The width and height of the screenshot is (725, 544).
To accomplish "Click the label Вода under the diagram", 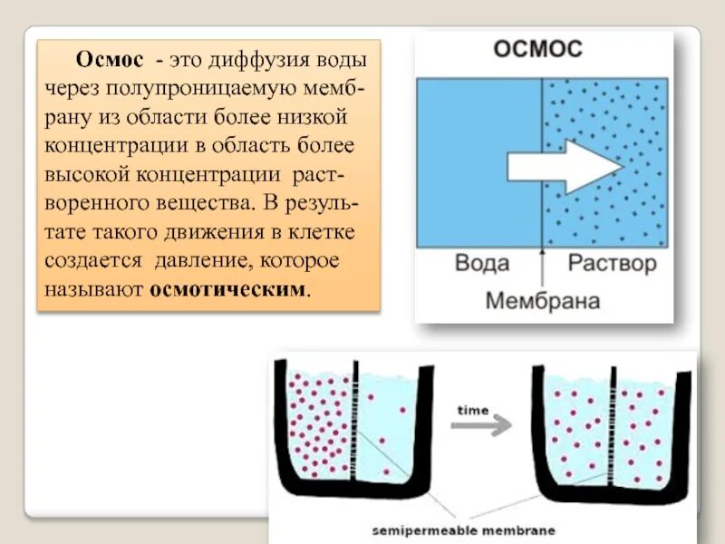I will pyautogui.click(x=481, y=265).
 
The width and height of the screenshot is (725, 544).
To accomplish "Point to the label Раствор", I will pyautogui.click(x=611, y=265).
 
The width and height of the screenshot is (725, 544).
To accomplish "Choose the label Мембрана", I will pyautogui.click(x=542, y=300).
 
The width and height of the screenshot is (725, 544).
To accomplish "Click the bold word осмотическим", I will pyautogui.click(x=228, y=292).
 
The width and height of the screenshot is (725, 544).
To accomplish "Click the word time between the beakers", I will pyautogui.click(x=472, y=410).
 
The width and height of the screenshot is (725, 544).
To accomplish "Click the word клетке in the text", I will pyautogui.click(x=324, y=234).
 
